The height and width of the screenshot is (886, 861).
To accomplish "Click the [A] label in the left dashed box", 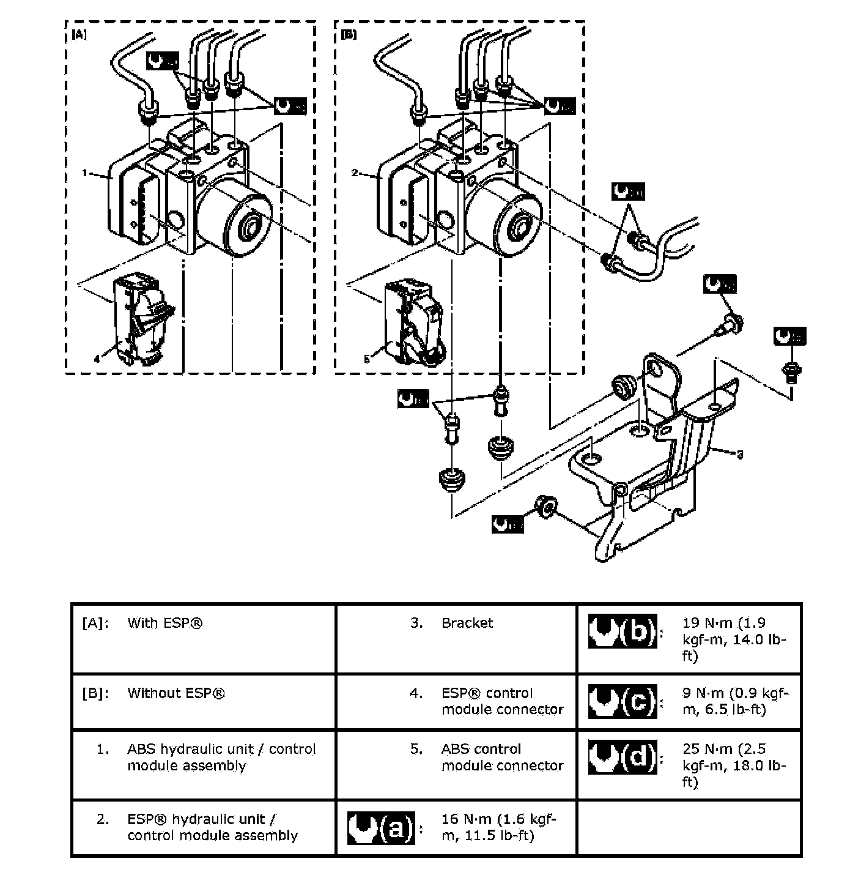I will (x=79, y=35).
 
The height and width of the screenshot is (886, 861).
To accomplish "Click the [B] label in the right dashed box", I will (x=349, y=35).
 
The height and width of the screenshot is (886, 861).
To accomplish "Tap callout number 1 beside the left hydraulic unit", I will (x=86, y=173).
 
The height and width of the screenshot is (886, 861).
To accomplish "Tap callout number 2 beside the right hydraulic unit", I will (x=355, y=173).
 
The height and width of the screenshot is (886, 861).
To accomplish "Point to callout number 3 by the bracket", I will (x=740, y=455).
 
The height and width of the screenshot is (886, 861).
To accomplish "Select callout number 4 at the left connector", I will (x=97, y=359).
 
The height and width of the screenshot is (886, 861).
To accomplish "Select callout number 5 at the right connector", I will (x=366, y=359).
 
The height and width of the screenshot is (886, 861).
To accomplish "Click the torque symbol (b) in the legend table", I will (x=623, y=631).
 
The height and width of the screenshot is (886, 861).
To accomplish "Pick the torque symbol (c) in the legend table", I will (x=623, y=701).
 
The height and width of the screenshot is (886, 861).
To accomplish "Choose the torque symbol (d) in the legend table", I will (x=623, y=757).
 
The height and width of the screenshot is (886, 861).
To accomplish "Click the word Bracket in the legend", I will (x=467, y=623).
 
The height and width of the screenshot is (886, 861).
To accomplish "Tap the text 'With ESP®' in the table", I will (x=165, y=623).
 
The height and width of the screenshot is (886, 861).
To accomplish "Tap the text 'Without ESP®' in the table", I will (x=176, y=693).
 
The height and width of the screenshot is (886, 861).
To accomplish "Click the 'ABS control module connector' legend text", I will (x=502, y=758).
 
